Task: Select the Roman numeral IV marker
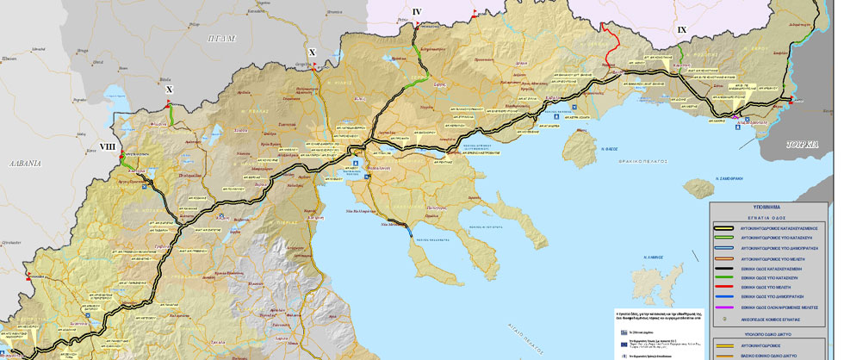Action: tap(417, 11)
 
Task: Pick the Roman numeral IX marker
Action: tap(682, 30)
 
